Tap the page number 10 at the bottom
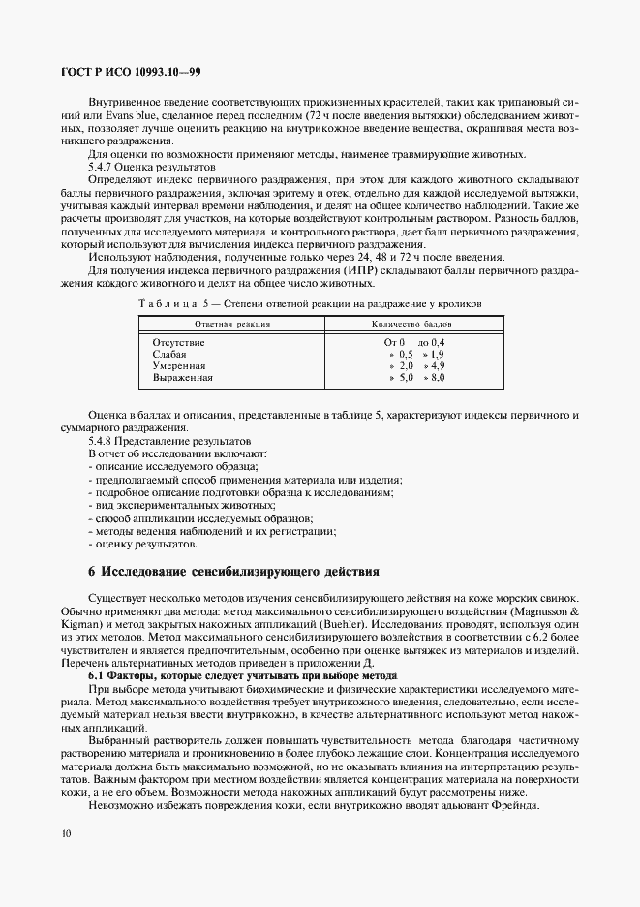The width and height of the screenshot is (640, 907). click(64, 833)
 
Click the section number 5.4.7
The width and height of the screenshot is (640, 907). click(104, 167)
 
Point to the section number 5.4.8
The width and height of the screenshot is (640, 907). click(104, 440)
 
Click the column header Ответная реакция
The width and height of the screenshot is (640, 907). click(232, 325)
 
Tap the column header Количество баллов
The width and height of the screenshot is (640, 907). click(411, 325)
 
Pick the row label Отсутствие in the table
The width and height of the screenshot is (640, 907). click(179, 343)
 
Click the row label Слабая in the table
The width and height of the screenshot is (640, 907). click(169, 355)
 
